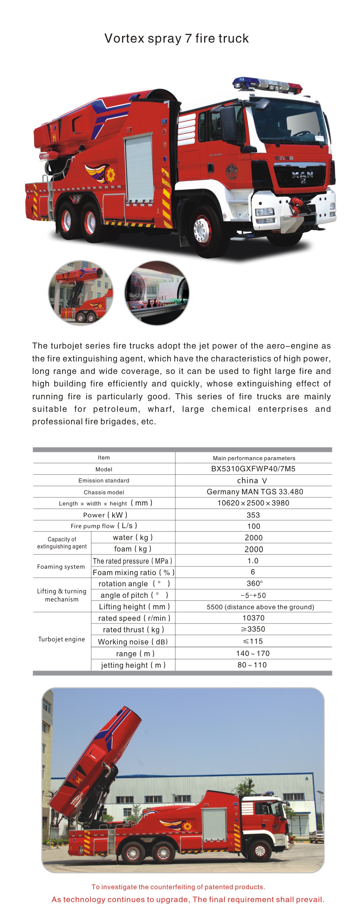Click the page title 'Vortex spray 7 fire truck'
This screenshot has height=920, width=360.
pyautogui.click(x=176, y=38)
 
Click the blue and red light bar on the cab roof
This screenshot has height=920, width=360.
pyautogui.click(x=267, y=84)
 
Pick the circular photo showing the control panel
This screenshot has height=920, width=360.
pyautogui.click(x=157, y=293)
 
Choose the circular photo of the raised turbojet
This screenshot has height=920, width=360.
pyautogui.click(x=81, y=293)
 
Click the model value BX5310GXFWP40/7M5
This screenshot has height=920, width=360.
pyautogui.click(x=253, y=469)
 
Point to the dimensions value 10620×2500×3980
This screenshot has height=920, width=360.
pyautogui.click(x=253, y=503)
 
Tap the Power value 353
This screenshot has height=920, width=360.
pyautogui.click(x=253, y=515)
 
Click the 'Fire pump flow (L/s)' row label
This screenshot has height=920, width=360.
pyautogui.click(x=103, y=526)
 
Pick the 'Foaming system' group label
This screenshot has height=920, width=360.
pyautogui.click(x=61, y=566)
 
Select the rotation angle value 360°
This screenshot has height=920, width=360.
pyautogui.click(x=254, y=583)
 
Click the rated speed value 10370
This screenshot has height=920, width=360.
pyautogui.click(x=253, y=618)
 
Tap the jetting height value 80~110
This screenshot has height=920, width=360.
pyautogui.click(x=252, y=665)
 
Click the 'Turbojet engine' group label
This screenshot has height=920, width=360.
pyautogui.click(x=62, y=639)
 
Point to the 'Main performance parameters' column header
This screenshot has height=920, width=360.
pyautogui.click(x=254, y=458)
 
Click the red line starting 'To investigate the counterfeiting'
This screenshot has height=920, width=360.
pyautogui.click(x=178, y=887)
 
